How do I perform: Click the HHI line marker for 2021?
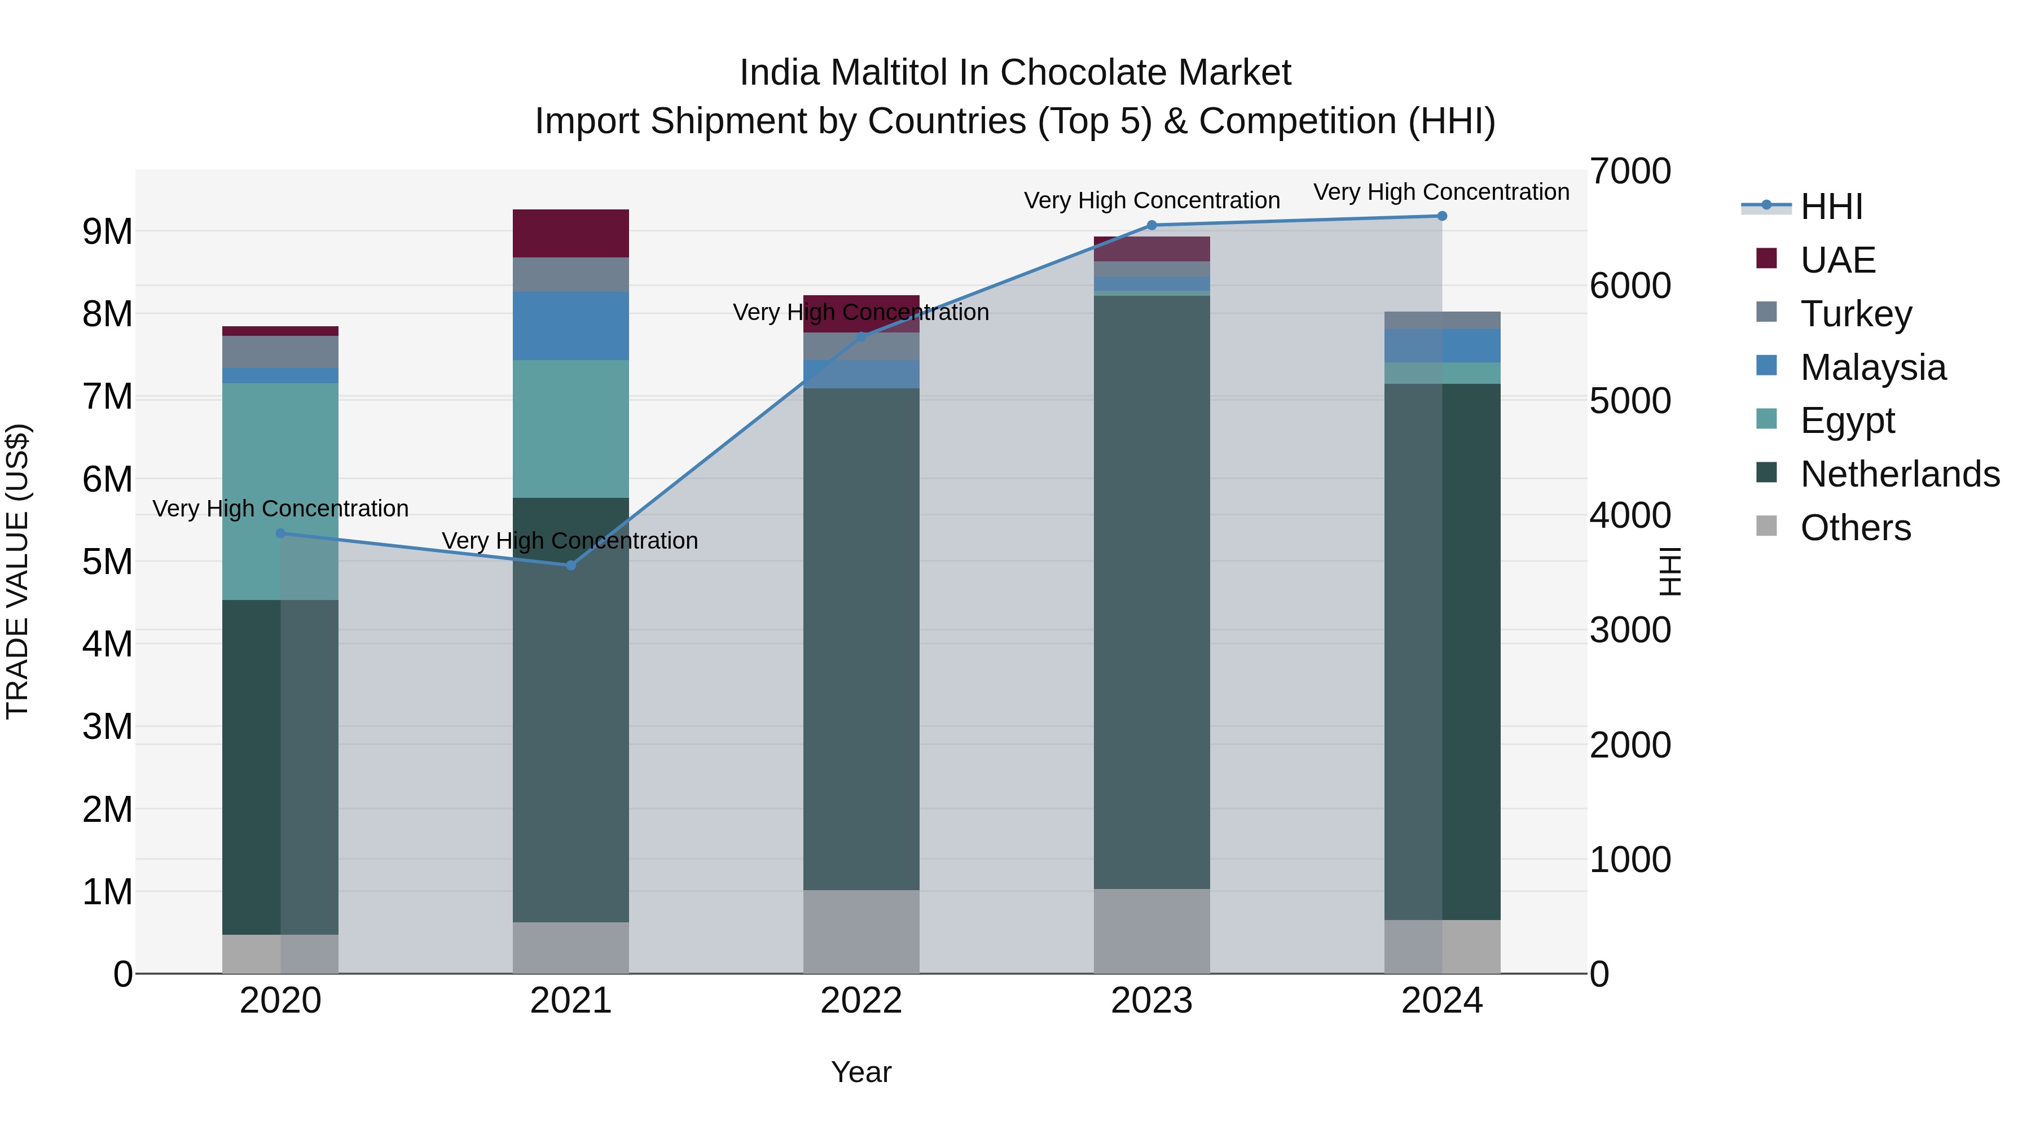[x=571, y=565]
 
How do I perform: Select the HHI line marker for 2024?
[x=1442, y=216]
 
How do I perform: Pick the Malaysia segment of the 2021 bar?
[x=571, y=326]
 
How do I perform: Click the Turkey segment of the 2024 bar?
[x=1442, y=320]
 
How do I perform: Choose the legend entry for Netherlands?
[x=1900, y=474]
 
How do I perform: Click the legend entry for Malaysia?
[x=1872, y=367]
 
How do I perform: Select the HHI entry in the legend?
[x=1831, y=207]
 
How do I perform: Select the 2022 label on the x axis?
[x=861, y=1001]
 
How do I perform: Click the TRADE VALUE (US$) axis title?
[x=17, y=571]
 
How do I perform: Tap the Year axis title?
[x=861, y=1072]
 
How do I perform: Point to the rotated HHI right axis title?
[x=1670, y=571]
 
